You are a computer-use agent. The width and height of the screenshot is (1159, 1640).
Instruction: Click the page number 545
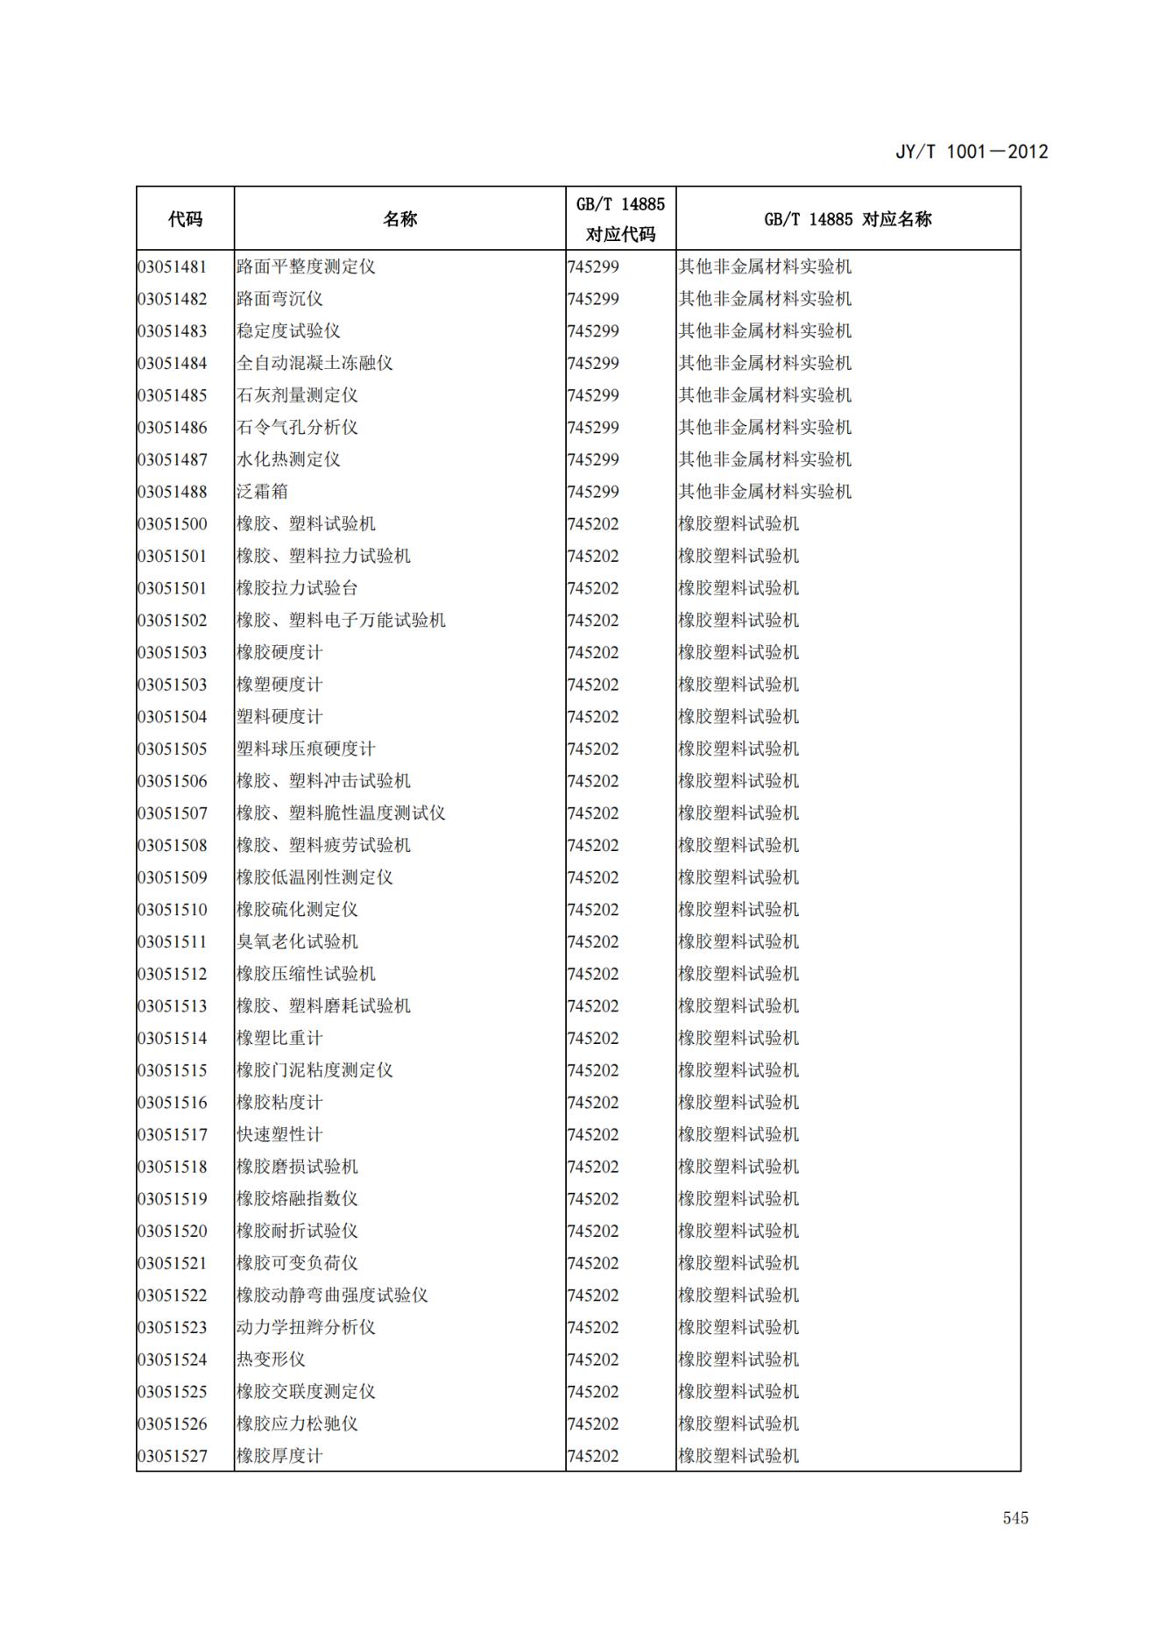pyautogui.click(x=1015, y=1517)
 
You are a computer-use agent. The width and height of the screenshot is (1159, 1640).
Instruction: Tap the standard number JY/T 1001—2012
pyautogui.click(x=971, y=152)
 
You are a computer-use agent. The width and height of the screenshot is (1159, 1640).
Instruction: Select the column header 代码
pyautogui.click(x=185, y=219)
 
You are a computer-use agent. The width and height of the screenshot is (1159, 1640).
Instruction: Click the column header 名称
pyautogui.click(x=399, y=219)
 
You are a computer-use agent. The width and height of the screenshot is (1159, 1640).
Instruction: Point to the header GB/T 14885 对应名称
pyautogui.click(x=847, y=219)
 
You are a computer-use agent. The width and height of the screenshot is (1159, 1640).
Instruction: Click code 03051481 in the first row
pyautogui.click(x=173, y=266)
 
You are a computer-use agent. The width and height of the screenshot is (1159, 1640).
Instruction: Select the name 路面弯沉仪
pyautogui.click(x=279, y=299)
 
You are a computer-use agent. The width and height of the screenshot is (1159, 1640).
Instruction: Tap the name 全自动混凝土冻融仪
pyautogui.click(x=314, y=363)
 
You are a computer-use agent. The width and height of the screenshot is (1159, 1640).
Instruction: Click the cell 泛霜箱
pyautogui.click(x=262, y=492)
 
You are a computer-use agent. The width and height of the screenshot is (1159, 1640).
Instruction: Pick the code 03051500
pyautogui.click(x=173, y=524)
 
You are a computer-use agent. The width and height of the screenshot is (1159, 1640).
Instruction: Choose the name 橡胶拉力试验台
pyautogui.click(x=297, y=588)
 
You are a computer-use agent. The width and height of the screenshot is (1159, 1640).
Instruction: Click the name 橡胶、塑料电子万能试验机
pyautogui.click(x=341, y=621)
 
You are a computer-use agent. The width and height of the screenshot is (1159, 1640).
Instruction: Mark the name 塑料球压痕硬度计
pyautogui.click(x=306, y=749)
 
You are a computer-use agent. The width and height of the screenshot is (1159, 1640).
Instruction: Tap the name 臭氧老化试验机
pyautogui.click(x=297, y=941)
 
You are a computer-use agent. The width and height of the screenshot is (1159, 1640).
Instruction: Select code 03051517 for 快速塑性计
pyautogui.click(x=173, y=1134)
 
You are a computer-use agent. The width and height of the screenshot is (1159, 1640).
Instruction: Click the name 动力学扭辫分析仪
pyautogui.click(x=306, y=1327)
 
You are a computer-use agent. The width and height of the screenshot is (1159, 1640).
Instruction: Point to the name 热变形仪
pyautogui.click(x=271, y=1360)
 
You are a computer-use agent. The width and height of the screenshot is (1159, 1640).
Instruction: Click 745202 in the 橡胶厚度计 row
pyautogui.click(x=593, y=1456)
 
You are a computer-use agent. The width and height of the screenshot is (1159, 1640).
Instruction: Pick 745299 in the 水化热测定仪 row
pyautogui.click(x=593, y=459)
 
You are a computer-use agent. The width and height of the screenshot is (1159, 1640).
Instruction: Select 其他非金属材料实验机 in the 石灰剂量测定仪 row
pyautogui.click(x=765, y=395)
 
